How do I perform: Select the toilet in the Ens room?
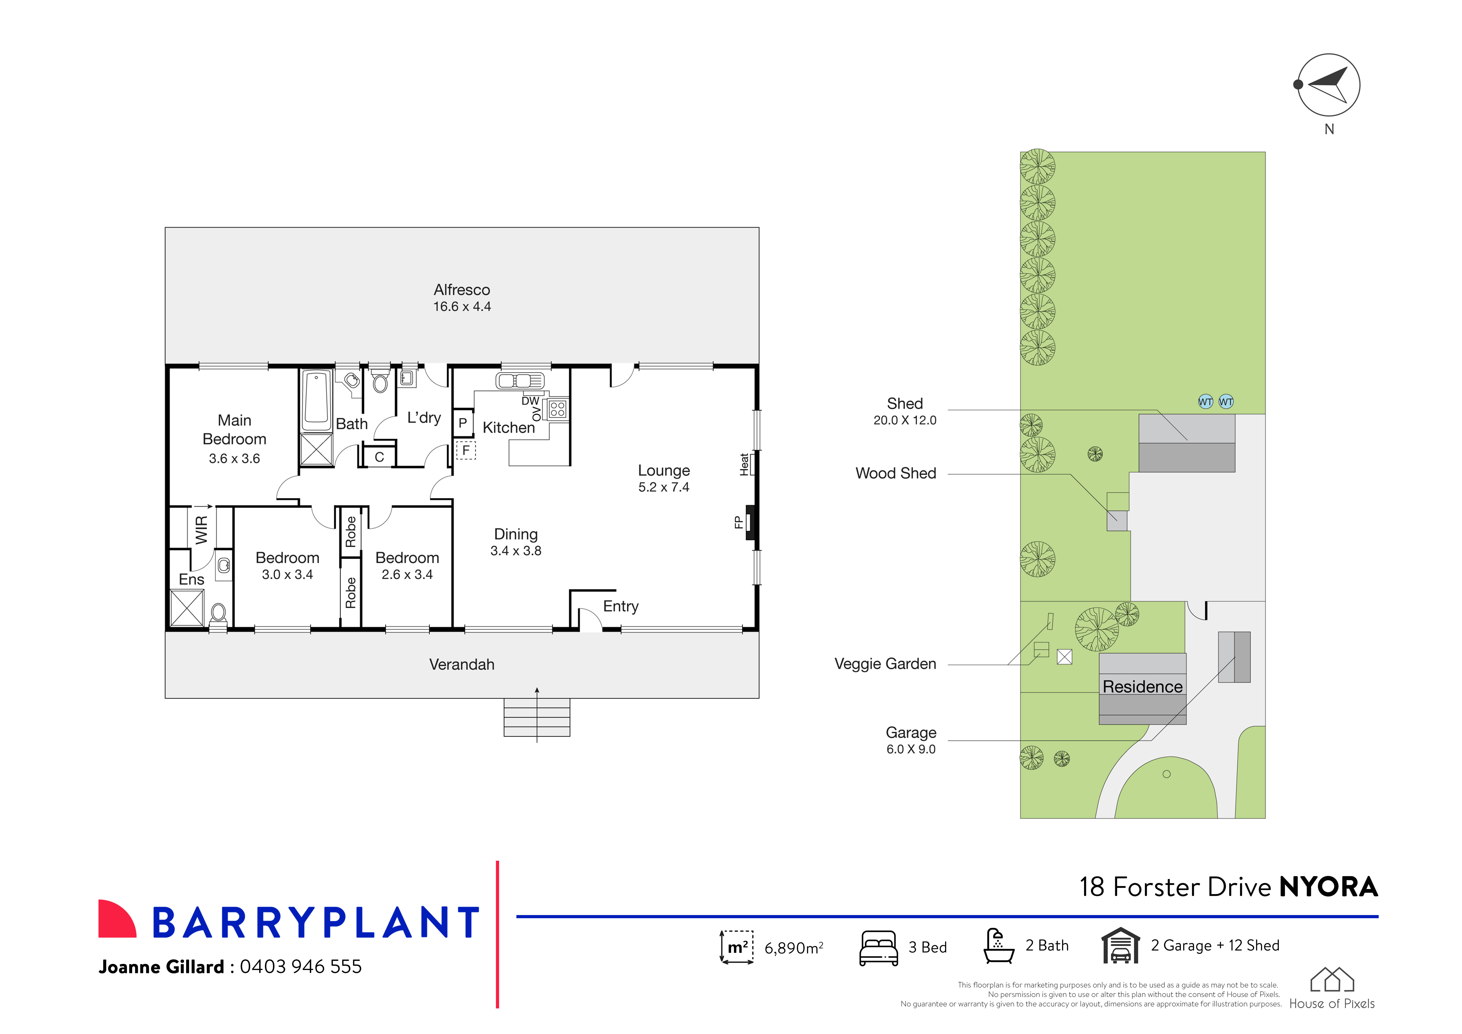pos(218,613)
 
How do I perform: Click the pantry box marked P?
pos(463,423)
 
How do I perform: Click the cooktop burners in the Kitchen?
pos(558,409)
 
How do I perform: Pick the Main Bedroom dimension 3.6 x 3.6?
pos(234,458)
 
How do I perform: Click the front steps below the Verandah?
pos(537,718)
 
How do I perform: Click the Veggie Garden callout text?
pos(885,664)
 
